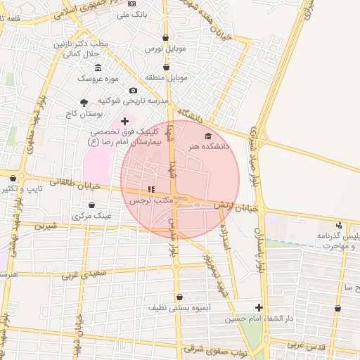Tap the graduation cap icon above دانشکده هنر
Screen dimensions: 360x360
[x=207, y=136]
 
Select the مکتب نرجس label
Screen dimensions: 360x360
[x=149, y=200]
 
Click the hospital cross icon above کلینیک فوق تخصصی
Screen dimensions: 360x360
[x=125, y=121]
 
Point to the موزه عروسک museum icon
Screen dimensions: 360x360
[x=98, y=67]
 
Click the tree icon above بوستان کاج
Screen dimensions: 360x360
[x=85, y=103]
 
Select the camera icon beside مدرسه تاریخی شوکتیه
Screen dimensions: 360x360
[x=134, y=90]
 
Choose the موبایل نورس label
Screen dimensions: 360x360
[x=164, y=49]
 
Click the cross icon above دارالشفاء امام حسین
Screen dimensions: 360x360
[x=259, y=307]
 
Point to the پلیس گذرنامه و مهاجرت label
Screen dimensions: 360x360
[x=336, y=241]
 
